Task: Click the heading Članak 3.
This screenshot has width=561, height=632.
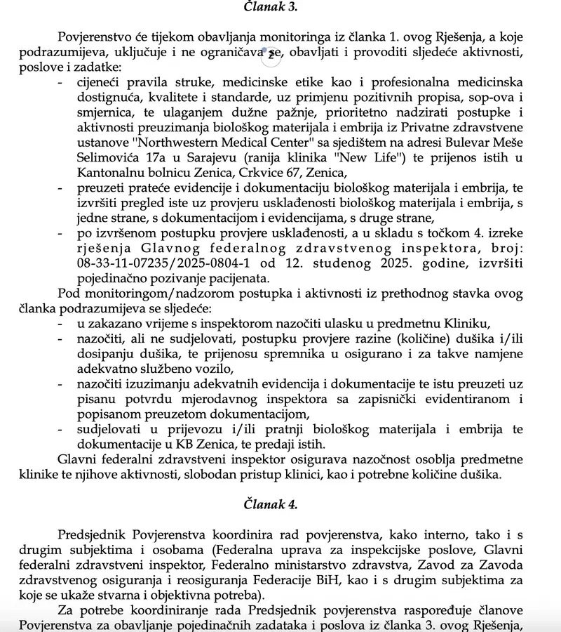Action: (x=270, y=7)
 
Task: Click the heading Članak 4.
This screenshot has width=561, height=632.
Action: (x=270, y=503)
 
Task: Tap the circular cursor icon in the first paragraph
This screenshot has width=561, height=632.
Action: (x=271, y=52)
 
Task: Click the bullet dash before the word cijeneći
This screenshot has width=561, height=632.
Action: (x=60, y=82)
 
